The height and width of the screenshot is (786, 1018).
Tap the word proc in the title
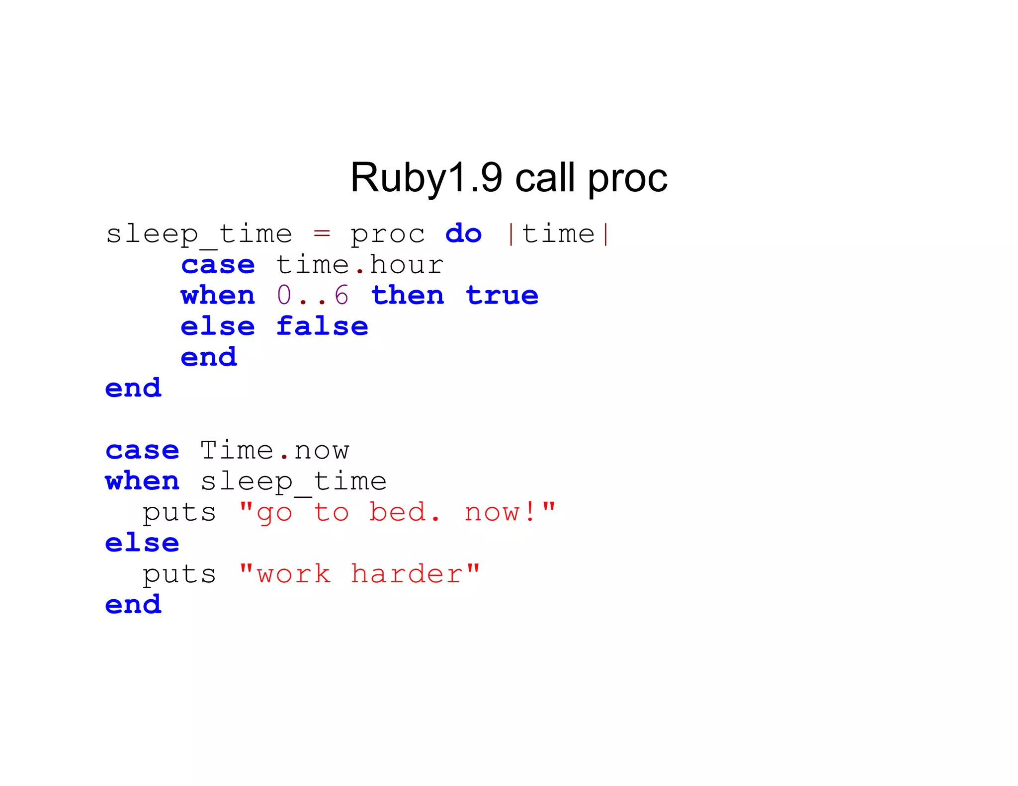(627, 178)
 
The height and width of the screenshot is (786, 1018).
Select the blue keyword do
(463, 234)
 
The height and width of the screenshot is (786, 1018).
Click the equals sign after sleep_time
(322, 233)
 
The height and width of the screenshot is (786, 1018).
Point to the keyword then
(408, 295)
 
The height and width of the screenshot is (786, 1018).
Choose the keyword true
(502, 295)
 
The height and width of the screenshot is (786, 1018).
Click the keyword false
(322, 326)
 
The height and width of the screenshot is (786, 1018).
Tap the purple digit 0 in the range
(284, 295)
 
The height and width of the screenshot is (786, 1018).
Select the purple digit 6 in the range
(341, 295)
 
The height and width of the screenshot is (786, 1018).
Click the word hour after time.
(407, 264)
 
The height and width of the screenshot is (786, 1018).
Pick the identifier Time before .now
(237, 450)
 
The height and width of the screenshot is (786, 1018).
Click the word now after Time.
(322, 450)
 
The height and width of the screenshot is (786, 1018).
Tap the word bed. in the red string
(404, 512)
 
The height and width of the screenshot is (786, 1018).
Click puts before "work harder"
(179, 575)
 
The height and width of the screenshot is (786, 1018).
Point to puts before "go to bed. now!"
(179, 513)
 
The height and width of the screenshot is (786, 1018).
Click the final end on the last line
(133, 605)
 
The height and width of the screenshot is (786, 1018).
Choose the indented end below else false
(209, 357)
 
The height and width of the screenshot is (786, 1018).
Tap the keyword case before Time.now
(142, 450)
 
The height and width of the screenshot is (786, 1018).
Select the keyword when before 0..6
(218, 295)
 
